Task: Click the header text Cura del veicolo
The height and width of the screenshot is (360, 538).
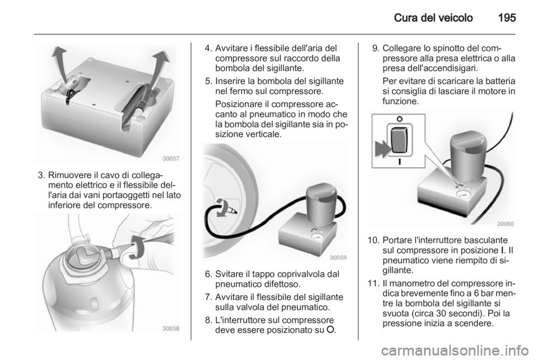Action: coord(433,17)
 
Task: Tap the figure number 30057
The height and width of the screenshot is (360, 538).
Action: coord(170,158)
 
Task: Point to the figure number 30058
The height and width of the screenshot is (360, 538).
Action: coord(170,329)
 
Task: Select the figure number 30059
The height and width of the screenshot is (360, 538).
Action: coord(338,257)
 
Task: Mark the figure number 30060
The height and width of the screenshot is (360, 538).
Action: coord(505,224)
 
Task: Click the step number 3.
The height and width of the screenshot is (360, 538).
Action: coord(41,175)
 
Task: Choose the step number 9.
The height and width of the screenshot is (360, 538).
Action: coord(375,48)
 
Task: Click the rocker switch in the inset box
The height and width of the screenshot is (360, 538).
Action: coord(400,141)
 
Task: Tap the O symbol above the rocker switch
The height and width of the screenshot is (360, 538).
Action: coord(400,119)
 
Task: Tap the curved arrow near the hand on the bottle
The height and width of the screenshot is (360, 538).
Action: coord(137,246)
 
